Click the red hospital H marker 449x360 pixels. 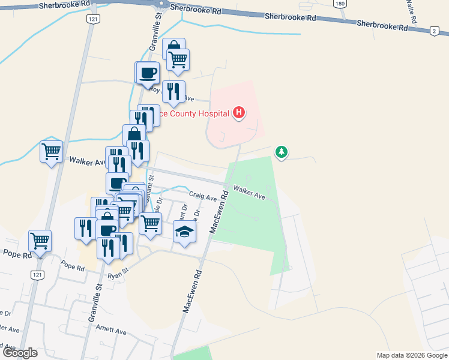(x=239, y=113)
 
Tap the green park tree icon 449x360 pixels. (x=281, y=152)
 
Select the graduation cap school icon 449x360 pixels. (x=185, y=232)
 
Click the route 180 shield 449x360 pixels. (x=340, y=4)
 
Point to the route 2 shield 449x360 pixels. (x=434, y=31)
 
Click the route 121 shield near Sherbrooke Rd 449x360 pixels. (x=92, y=20)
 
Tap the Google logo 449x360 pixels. (x=19, y=353)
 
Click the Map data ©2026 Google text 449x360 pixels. (x=411, y=355)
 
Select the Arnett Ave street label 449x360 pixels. (x=112, y=331)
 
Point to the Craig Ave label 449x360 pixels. (x=202, y=196)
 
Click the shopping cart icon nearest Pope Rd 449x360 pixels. (x=40, y=241)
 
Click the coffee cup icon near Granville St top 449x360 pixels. (x=148, y=73)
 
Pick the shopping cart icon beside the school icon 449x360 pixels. (x=151, y=223)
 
